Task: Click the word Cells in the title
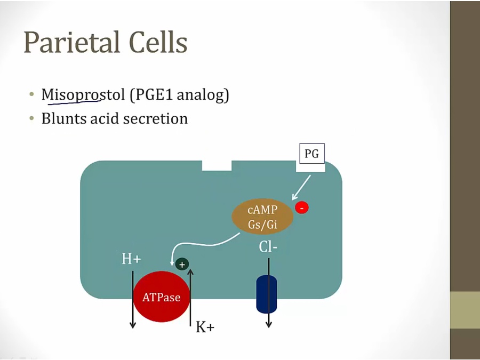pos(157,43)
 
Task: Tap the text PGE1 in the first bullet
pos(153,95)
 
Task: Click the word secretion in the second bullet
pos(155,118)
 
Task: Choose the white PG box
pos(311,155)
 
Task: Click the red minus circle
pos(302,207)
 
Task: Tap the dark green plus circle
pos(182,264)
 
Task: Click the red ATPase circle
pos(161,297)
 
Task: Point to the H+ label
pos(131,259)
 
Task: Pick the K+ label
pos(205,327)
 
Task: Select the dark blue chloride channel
pos(267,294)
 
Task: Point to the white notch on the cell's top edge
pos(217,165)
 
